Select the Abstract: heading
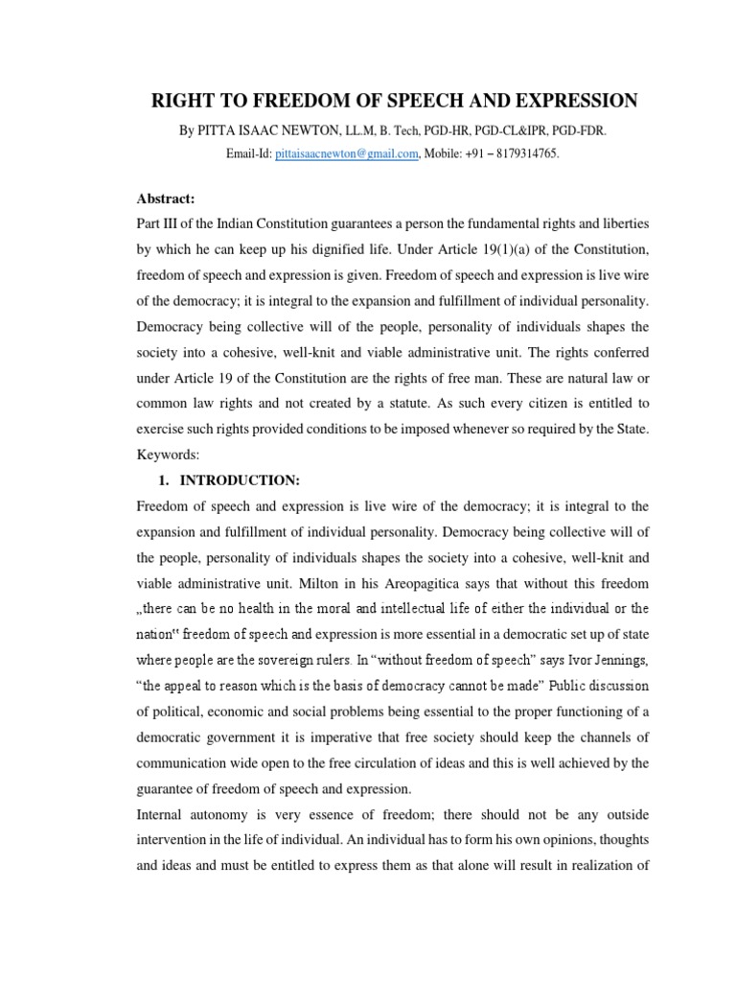[x=165, y=199]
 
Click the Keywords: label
[x=165, y=432]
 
